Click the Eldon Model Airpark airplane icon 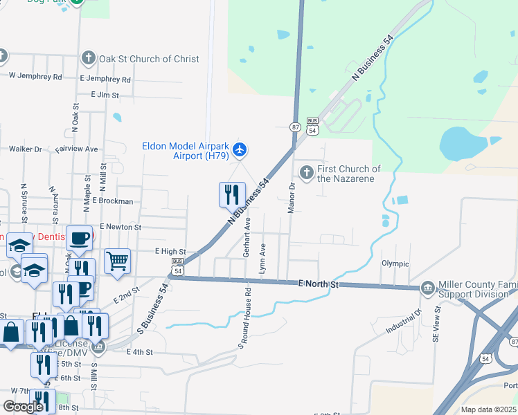coord(240,149)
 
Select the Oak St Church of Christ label coord(149,59)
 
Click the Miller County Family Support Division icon coord(427,287)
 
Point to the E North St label coord(318,284)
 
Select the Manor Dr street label coord(292,197)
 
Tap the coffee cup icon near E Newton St coord(79,238)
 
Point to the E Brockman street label coord(107,201)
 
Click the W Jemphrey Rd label coord(35,76)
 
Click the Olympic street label coord(395,264)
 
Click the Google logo coord(23,407)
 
